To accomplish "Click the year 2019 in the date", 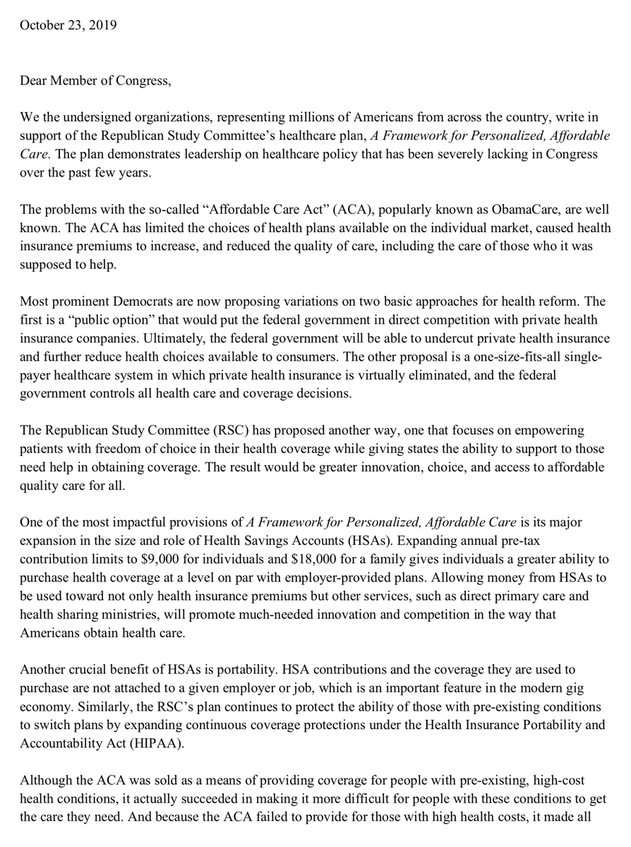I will click(103, 25).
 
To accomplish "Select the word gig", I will click(575, 687).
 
